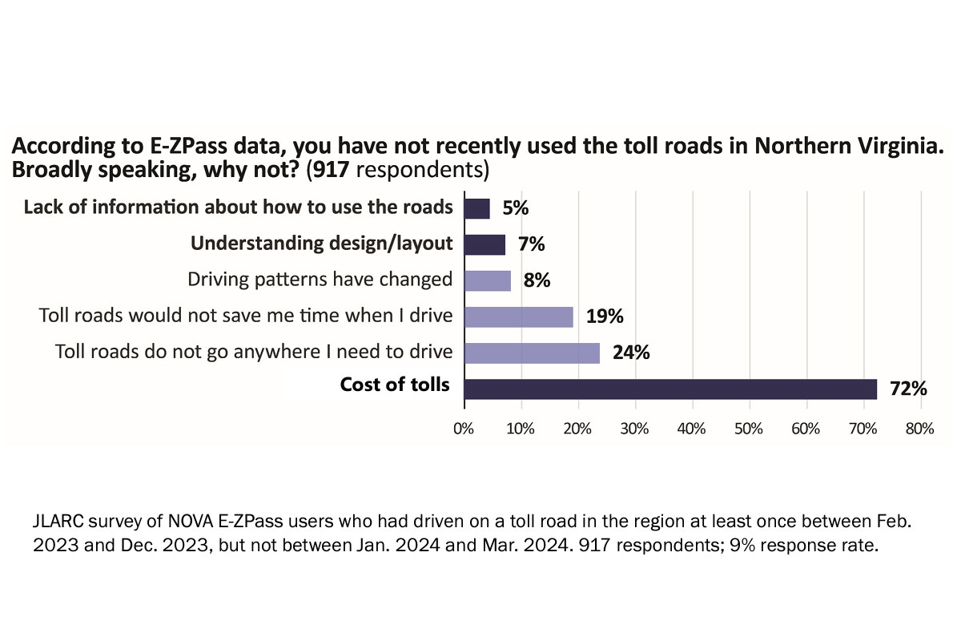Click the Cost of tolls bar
click(x=670, y=389)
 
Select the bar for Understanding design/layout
click(x=485, y=244)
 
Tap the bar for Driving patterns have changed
click(x=488, y=280)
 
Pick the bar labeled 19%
click(x=519, y=316)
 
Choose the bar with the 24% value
click(x=533, y=353)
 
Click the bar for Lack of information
click(x=477, y=208)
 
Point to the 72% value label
click(x=908, y=389)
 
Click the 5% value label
click(x=516, y=208)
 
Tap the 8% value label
click(x=537, y=280)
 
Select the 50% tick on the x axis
click(x=749, y=429)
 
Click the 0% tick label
click(x=464, y=429)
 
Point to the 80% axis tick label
click(x=919, y=429)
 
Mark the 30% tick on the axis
click(x=635, y=429)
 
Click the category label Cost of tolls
click(x=395, y=385)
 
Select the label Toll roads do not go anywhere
click(x=254, y=352)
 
